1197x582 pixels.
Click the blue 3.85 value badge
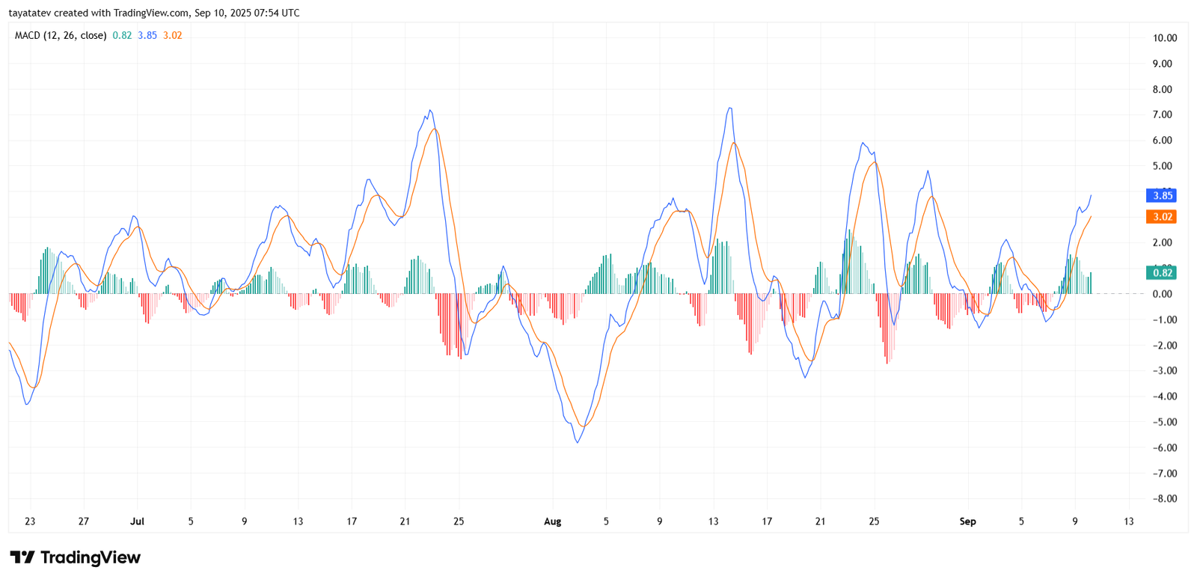pyautogui.click(x=1162, y=196)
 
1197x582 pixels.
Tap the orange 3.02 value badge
pyautogui.click(x=1162, y=217)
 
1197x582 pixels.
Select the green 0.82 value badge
pyautogui.click(x=1162, y=273)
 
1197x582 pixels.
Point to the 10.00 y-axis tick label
pyautogui.click(x=1165, y=38)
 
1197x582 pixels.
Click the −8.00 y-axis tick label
pyautogui.click(x=1163, y=499)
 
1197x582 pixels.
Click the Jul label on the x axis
pyautogui.click(x=137, y=521)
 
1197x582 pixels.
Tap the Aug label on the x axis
pyautogui.click(x=552, y=521)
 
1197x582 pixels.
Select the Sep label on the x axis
pyautogui.click(x=967, y=521)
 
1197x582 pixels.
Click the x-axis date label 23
pyautogui.click(x=30, y=521)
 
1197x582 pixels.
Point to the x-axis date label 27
pyautogui.click(x=84, y=521)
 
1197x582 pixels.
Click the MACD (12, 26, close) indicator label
pyautogui.click(x=61, y=35)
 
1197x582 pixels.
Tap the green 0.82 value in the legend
pyautogui.click(x=122, y=35)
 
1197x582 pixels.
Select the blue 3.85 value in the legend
pyautogui.click(x=147, y=35)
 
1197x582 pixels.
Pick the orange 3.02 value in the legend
pyautogui.click(x=173, y=35)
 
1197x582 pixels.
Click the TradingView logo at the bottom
pyautogui.click(x=76, y=557)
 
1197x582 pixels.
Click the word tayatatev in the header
pyautogui.click(x=29, y=13)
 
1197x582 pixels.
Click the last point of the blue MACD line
pyautogui.click(x=1091, y=195)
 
